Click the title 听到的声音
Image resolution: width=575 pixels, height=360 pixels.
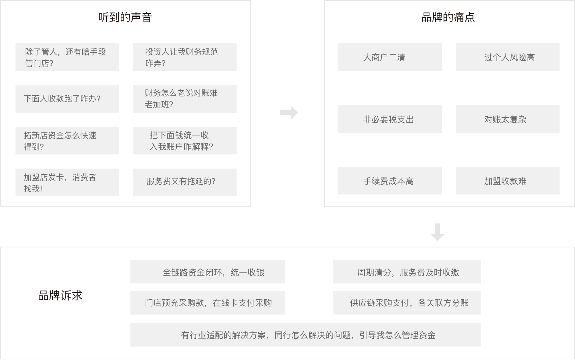pyautogui.click(x=125, y=17)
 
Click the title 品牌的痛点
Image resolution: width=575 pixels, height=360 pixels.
pyautogui.click(x=448, y=17)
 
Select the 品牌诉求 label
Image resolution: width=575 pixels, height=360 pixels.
pyautogui.click(x=60, y=296)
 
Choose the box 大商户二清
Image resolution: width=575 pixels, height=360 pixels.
pyautogui.click(x=390, y=57)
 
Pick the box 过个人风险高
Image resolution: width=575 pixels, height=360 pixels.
pyautogui.click(x=508, y=57)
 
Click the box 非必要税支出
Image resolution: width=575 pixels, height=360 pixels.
pyautogui.click(x=390, y=119)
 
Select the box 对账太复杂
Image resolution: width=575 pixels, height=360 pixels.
pyautogui.click(x=508, y=119)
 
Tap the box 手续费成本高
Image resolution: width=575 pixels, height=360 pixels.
pyautogui.click(x=390, y=181)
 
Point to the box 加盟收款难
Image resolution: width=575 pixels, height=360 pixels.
pyautogui.click(x=508, y=181)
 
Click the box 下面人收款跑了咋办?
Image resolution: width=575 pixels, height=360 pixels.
pyautogui.click(x=67, y=99)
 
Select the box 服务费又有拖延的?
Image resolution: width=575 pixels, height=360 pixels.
pyautogui.click(x=185, y=182)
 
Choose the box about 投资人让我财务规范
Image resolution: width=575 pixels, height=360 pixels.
pyautogui.click(x=185, y=57)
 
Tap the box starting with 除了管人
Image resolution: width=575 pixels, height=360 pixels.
pyautogui.click(x=67, y=57)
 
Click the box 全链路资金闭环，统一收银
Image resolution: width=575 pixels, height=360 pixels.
pyautogui.click(x=208, y=272)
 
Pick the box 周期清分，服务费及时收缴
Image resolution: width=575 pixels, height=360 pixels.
pyautogui.click(x=406, y=272)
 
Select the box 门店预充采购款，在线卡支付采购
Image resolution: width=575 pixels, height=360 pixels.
pyautogui.click(x=208, y=303)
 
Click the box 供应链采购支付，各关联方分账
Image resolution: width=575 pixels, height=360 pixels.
pyautogui.click(x=406, y=303)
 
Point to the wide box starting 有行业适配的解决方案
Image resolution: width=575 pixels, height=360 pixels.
pyautogui.click(x=305, y=335)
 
